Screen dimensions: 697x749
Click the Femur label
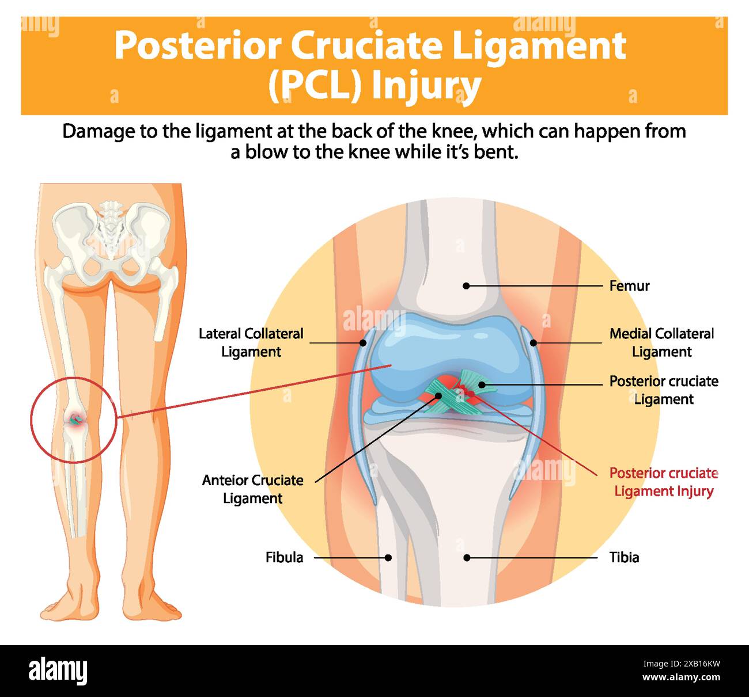[629, 285]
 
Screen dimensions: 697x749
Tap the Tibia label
[624, 557]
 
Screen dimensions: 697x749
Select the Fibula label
[284, 557]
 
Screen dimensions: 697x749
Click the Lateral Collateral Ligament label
[251, 342]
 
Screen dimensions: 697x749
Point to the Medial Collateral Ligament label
[661, 342]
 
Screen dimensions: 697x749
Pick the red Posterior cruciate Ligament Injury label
[663, 482]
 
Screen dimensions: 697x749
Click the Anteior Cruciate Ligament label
[252, 489]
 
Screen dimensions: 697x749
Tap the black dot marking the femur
[467, 285]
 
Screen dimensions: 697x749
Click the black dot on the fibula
[388, 557]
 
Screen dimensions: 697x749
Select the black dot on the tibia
[467, 557]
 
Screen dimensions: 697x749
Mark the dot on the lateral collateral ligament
[363, 342]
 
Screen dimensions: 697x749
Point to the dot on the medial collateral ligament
[534, 342]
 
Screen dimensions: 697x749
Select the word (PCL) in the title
[315, 85]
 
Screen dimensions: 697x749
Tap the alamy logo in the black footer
[58, 671]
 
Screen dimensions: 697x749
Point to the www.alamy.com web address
[682, 677]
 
